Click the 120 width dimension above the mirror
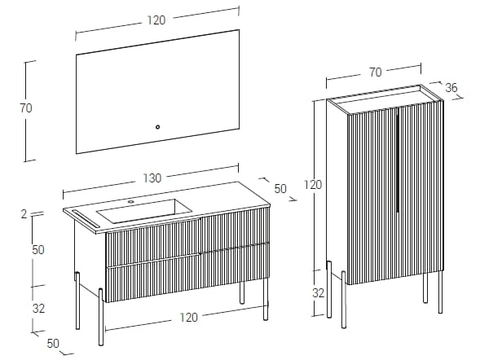click(x=156, y=20)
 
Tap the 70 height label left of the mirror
click(x=26, y=108)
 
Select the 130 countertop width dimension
click(x=152, y=178)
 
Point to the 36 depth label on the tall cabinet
click(x=451, y=88)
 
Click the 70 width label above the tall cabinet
click(x=376, y=72)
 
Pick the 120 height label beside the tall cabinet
click(x=313, y=185)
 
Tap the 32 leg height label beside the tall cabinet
click(x=319, y=293)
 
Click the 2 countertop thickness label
click(x=24, y=214)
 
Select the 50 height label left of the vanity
click(x=38, y=250)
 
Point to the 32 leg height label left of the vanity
click(x=38, y=309)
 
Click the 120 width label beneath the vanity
click(x=188, y=318)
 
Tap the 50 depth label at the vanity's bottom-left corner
click(x=53, y=344)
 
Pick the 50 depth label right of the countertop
click(x=280, y=189)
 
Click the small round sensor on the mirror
click(x=157, y=127)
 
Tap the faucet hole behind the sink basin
click(x=131, y=202)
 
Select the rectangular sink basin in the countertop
click(x=144, y=211)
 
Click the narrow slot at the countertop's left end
click(x=86, y=218)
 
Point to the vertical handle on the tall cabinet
click(x=397, y=160)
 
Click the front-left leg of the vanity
click(x=101, y=317)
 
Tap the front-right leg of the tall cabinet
click(x=440, y=292)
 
